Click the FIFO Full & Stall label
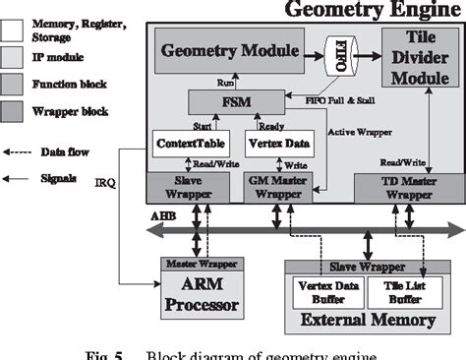[x=325, y=99]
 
